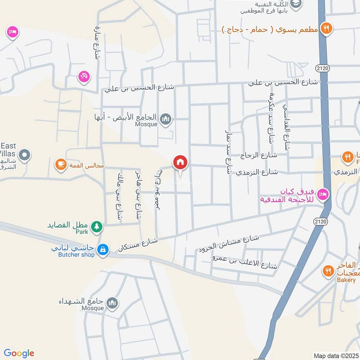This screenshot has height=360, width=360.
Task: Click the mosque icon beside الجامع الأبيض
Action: click(166, 119)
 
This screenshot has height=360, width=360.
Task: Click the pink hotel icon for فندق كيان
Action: click(323, 194)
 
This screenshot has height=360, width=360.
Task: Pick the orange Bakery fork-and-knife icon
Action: click(328, 270)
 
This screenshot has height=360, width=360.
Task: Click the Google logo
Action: click(19, 353)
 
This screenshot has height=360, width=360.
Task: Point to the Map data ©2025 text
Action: click(335, 355)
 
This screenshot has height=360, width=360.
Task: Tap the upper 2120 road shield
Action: click(322, 68)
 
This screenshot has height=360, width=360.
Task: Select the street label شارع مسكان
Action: click(138, 244)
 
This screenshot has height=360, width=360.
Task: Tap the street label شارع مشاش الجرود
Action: click(229, 243)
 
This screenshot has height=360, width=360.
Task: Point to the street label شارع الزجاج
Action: click(259, 155)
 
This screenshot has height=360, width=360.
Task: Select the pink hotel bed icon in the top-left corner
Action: click(12, 32)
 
